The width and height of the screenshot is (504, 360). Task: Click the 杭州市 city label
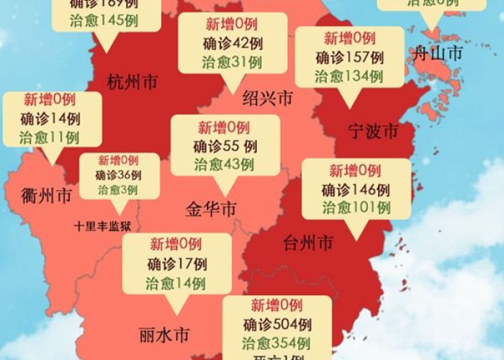(132, 82)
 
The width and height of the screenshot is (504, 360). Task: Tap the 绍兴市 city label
(268, 99)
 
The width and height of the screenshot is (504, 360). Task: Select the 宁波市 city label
(372, 132)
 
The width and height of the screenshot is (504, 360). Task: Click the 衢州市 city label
(47, 195)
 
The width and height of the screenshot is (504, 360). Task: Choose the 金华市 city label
(211, 210)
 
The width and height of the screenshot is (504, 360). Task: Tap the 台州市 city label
(308, 243)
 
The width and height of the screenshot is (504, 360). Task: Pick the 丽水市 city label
(164, 335)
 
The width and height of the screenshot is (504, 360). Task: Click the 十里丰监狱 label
(103, 226)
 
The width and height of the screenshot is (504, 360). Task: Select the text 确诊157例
(350, 58)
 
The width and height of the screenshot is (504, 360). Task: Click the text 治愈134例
(350, 76)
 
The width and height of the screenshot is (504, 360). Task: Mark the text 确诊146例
(356, 190)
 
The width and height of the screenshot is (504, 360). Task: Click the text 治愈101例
(356, 209)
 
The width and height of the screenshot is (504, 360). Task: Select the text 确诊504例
(276, 324)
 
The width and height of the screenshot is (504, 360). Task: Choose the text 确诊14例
(50, 119)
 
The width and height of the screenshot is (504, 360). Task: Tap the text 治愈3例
(118, 190)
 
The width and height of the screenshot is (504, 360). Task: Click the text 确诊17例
(177, 264)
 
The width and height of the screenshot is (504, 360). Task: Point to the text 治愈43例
(224, 165)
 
